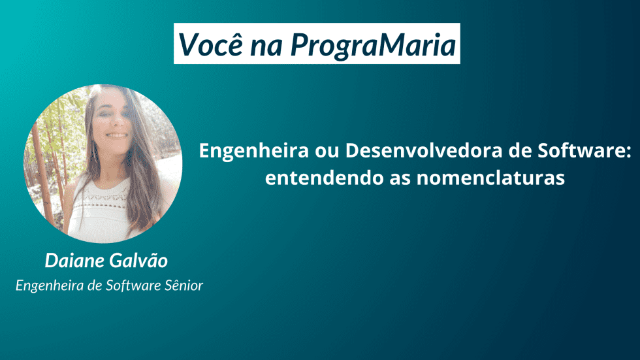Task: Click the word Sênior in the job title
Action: pos(184,285)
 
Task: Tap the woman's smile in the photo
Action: pos(118,135)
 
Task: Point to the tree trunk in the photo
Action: pos(40,157)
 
